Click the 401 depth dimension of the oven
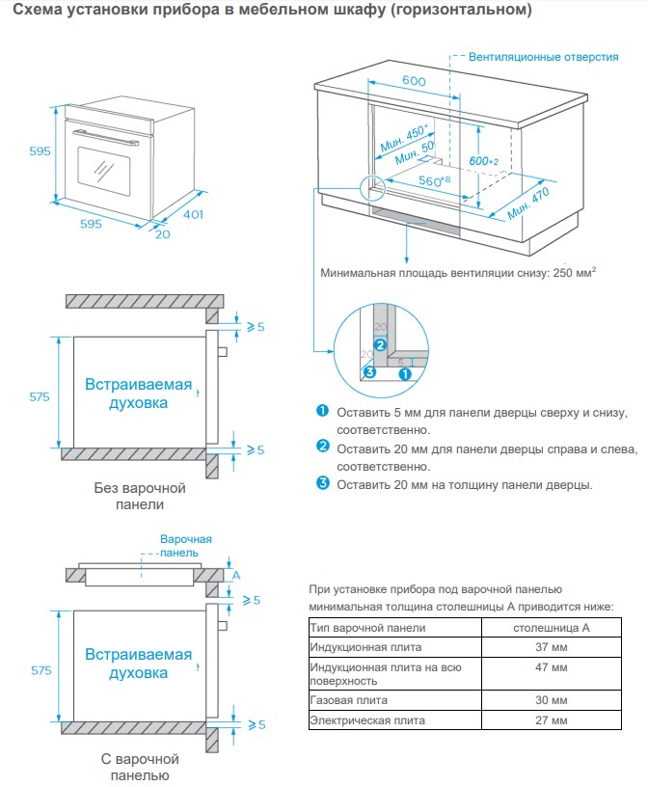click(193, 214)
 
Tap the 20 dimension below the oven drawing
click(161, 232)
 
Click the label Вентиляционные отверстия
click(544, 57)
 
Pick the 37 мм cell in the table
click(551, 646)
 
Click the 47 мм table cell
click(551, 667)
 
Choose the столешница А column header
click(551, 627)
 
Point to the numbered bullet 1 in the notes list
click(323, 412)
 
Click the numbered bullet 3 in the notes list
click(323, 483)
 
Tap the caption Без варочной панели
click(140, 496)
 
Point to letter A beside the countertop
click(235, 575)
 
